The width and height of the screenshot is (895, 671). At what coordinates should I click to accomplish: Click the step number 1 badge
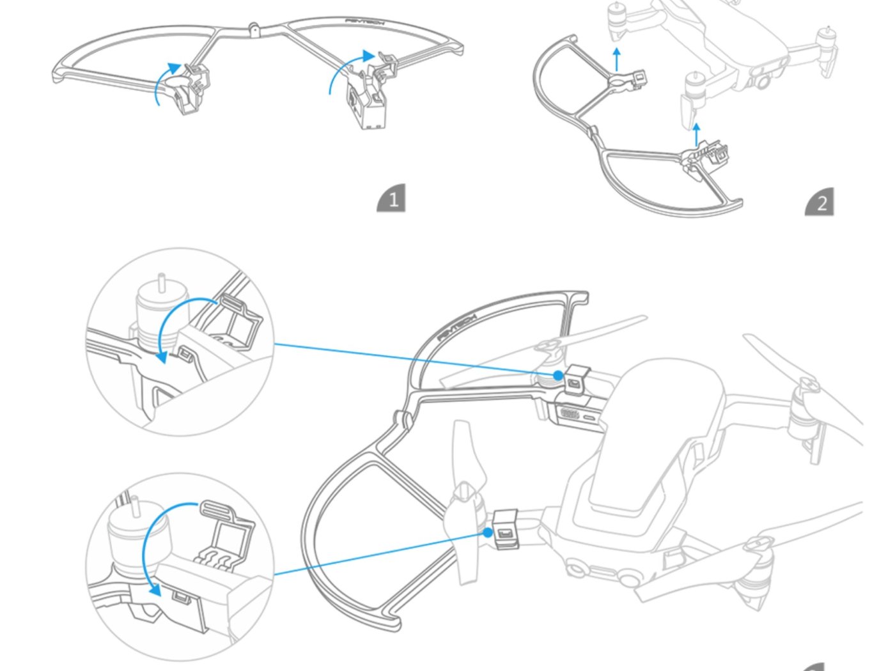tap(391, 199)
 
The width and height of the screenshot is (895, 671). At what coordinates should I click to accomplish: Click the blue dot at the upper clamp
tap(558, 375)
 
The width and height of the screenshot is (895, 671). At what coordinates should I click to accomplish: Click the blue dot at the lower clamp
tap(489, 532)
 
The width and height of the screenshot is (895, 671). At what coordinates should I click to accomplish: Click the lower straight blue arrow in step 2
tap(696, 135)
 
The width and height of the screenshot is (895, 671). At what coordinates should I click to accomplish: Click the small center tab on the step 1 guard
tap(254, 29)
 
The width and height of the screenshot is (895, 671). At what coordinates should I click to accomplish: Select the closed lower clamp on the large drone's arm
tap(506, 529)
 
